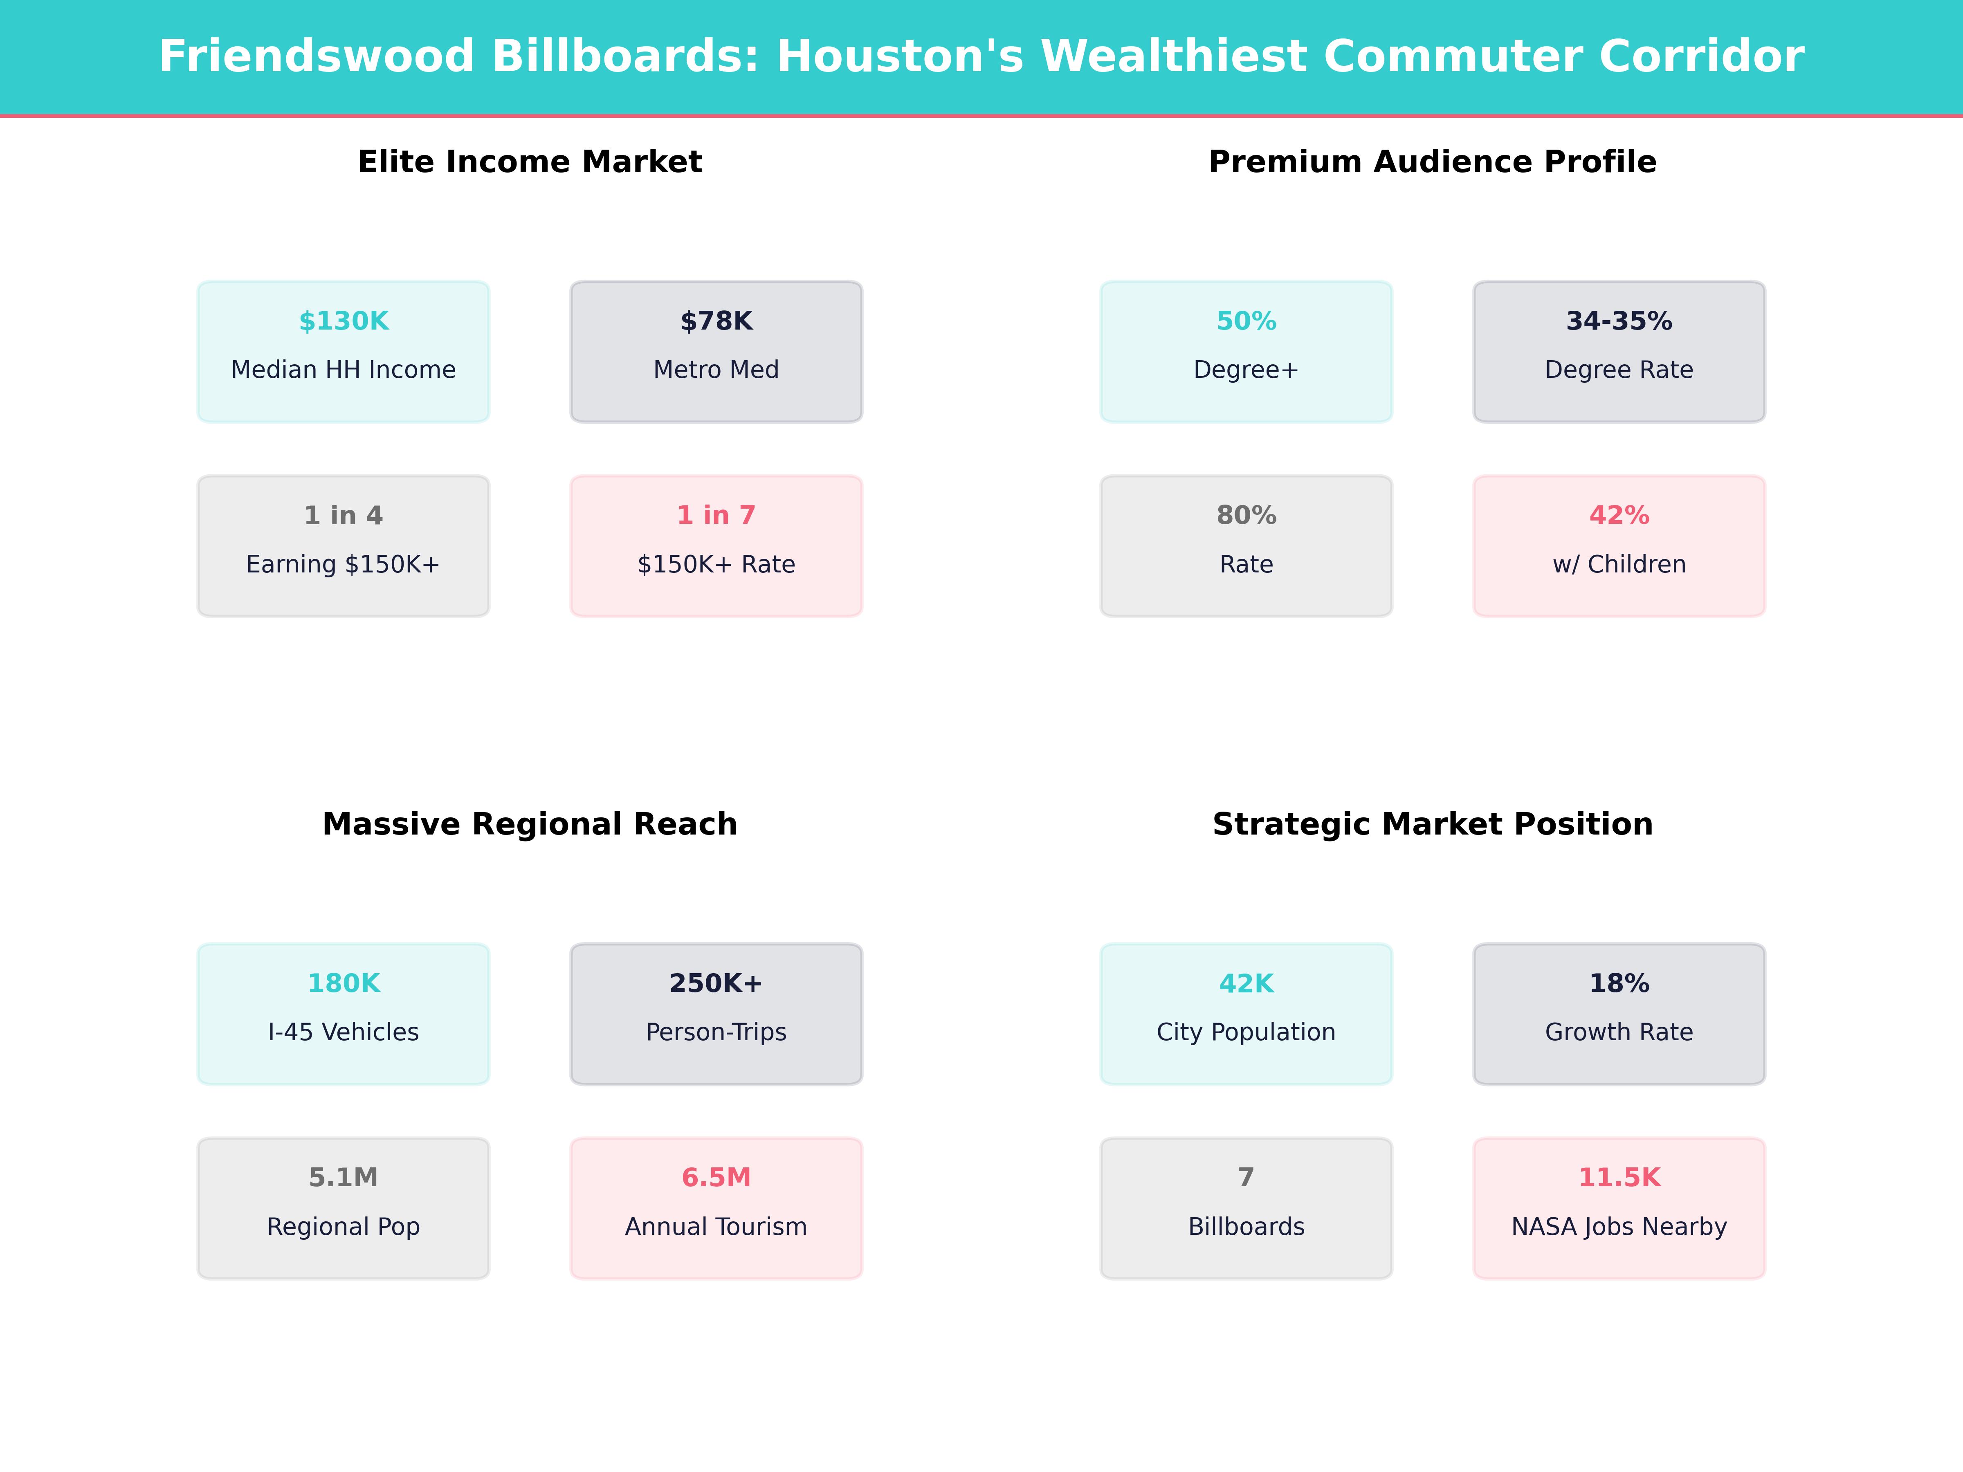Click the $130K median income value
(x=344, y=321)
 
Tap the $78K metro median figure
(x=716, y=321)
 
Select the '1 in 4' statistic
(x=344, y=516)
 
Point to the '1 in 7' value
(x=716, y=516)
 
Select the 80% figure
(x=1246, y=516)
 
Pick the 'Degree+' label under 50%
(x=1246, y=370)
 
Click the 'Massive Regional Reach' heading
(x=530, y=824)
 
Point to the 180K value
(x=344, y=983)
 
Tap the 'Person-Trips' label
(x=716, y=1032)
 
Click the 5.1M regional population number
(x=344, y=1178)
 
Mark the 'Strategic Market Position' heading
(x=1432, y=824)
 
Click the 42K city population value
(x=1246, y=983)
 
